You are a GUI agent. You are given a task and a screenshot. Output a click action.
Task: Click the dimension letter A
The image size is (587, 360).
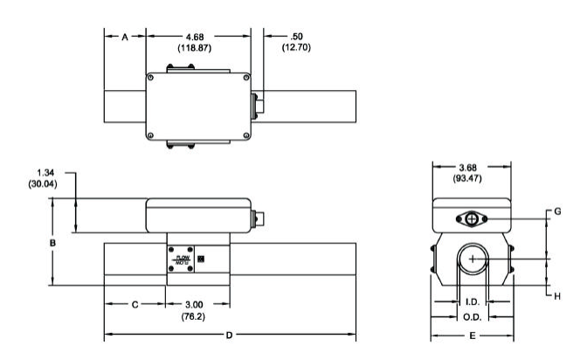[125, 37]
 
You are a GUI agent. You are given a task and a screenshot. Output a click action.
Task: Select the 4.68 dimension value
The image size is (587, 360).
[197, 36]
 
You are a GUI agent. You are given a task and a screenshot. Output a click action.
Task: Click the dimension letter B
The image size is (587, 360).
[52, 241]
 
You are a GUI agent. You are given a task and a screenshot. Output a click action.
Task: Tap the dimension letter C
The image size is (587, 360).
[135, 305]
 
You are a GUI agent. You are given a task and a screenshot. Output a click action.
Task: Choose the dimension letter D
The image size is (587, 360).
[229, 336]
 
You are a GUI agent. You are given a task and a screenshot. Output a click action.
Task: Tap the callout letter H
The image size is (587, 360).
[558, 295]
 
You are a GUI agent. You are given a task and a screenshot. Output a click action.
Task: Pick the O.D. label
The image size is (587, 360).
[473, 316]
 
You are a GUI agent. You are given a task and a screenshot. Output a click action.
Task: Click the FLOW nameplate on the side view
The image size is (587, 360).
[184, 260]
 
